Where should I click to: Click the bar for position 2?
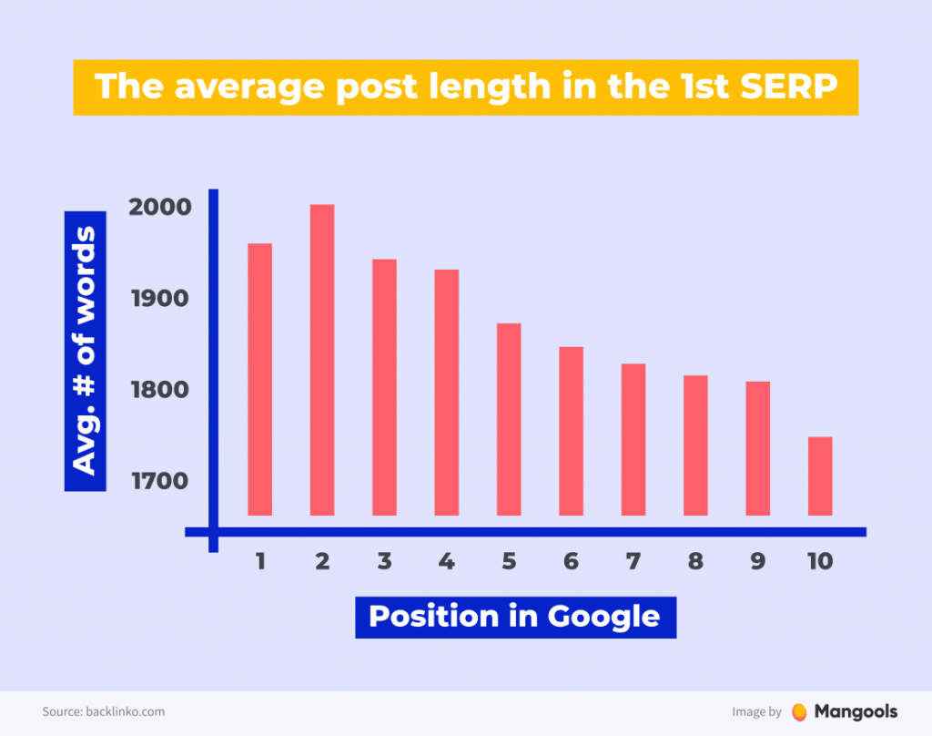tap(322, 360)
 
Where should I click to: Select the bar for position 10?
tap(820, 476)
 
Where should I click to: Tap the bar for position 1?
tap(259, 379)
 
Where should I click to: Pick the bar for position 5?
tap(509, 419)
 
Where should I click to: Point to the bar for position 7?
tap(633, 439)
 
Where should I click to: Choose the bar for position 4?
tap(446, 393)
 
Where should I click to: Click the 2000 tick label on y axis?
tap(160, 207)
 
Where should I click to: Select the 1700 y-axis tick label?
tap(160, 480)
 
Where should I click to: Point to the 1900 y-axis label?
tap(160, 299)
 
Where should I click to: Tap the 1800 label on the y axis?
tap(160, 390)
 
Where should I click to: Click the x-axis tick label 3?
tap(384, 561)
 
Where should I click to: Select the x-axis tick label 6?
tap(571, 561)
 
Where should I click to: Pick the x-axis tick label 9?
tap(758, 561)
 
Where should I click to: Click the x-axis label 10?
tap(819, 561)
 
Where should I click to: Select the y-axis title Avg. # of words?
tap(84, 350)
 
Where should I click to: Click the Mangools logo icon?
tap(799, 711)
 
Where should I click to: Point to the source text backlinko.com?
tap(125, 711)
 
